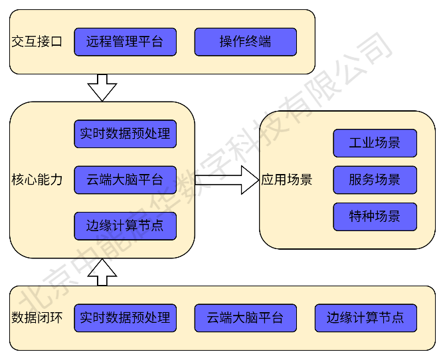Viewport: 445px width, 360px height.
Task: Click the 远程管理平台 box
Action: [125, 42]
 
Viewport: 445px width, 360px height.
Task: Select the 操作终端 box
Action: [245, 42]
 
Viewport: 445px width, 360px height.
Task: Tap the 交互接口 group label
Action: [37, 42]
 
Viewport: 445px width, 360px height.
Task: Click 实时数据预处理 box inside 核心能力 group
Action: [125, 134]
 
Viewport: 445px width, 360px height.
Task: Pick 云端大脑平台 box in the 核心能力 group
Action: [125, 180]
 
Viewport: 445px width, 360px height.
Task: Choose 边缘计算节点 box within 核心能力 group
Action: [125, 226]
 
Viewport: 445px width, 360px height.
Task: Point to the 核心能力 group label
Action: [37, 180]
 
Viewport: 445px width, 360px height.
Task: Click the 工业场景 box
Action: [375, 143]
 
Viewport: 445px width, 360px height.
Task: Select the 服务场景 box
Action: [375, 180]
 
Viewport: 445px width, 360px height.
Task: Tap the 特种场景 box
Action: [375, 217]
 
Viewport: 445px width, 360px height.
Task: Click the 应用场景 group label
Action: [286, 180]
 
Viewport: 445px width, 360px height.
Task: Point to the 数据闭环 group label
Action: [37, 318]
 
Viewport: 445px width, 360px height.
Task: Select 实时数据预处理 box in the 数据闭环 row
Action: [125, 318]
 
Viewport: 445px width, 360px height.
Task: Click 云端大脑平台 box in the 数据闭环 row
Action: [245, 318]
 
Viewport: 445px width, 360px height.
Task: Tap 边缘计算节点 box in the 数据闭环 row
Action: [365, 318]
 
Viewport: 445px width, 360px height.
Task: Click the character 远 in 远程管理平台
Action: [93, 42]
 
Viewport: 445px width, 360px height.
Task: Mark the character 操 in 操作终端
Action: [226, 42]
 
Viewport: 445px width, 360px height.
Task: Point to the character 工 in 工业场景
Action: [355, 143]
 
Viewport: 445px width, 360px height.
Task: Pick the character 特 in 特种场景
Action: [355, 217]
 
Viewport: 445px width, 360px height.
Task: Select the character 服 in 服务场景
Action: [355, 180]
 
